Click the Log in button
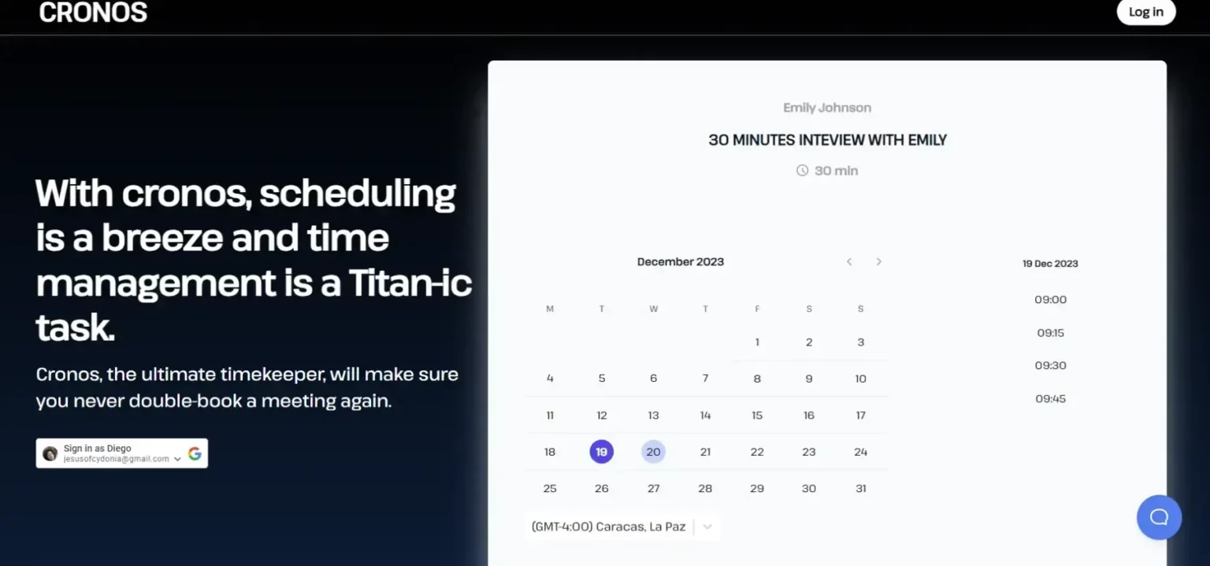point(1145,12)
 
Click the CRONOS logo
point(93,13)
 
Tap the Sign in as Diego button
point(121,453)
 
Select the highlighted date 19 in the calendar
point(601,452)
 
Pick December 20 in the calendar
point(653,452)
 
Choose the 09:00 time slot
point(1050,299)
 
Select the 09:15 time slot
point(1050,333)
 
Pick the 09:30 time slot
point(1050,365)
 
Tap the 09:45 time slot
point(1050,399)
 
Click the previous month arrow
point(849,261)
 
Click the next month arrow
point(879,261)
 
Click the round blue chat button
point(1159,517)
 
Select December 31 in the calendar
point(860,488)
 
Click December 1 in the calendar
point(757,342)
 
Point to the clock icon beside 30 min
point(802,171)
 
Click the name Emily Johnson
point(827,107)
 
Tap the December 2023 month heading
point(680,261)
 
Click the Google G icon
point(195,453)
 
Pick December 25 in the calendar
point(549,488)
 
